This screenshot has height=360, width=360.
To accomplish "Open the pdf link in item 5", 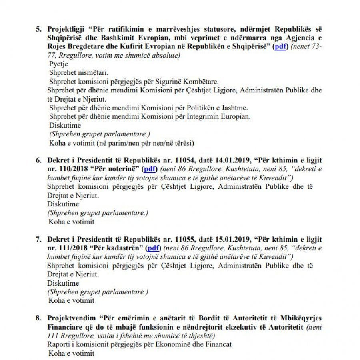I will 280,47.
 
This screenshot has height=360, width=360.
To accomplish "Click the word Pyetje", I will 59,64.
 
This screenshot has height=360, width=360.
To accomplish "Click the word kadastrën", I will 124,248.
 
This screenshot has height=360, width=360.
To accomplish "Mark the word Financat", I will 218,344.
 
